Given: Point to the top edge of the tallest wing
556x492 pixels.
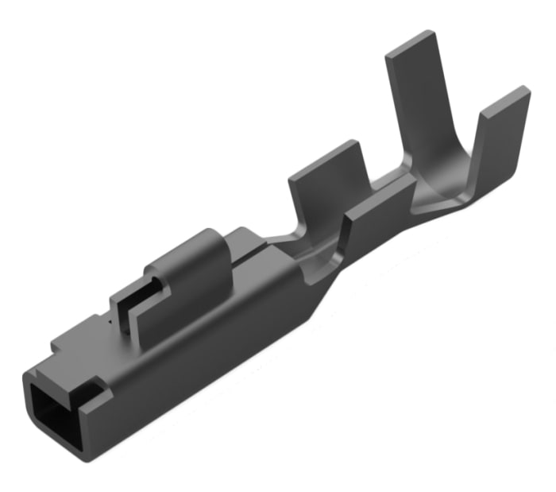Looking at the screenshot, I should (x=411, y=43).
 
